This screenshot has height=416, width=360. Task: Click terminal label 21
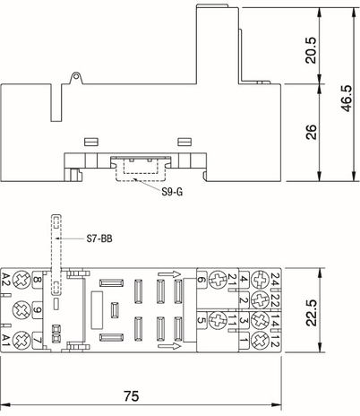(231, 280)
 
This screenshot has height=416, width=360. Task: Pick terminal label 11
(231, 319)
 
